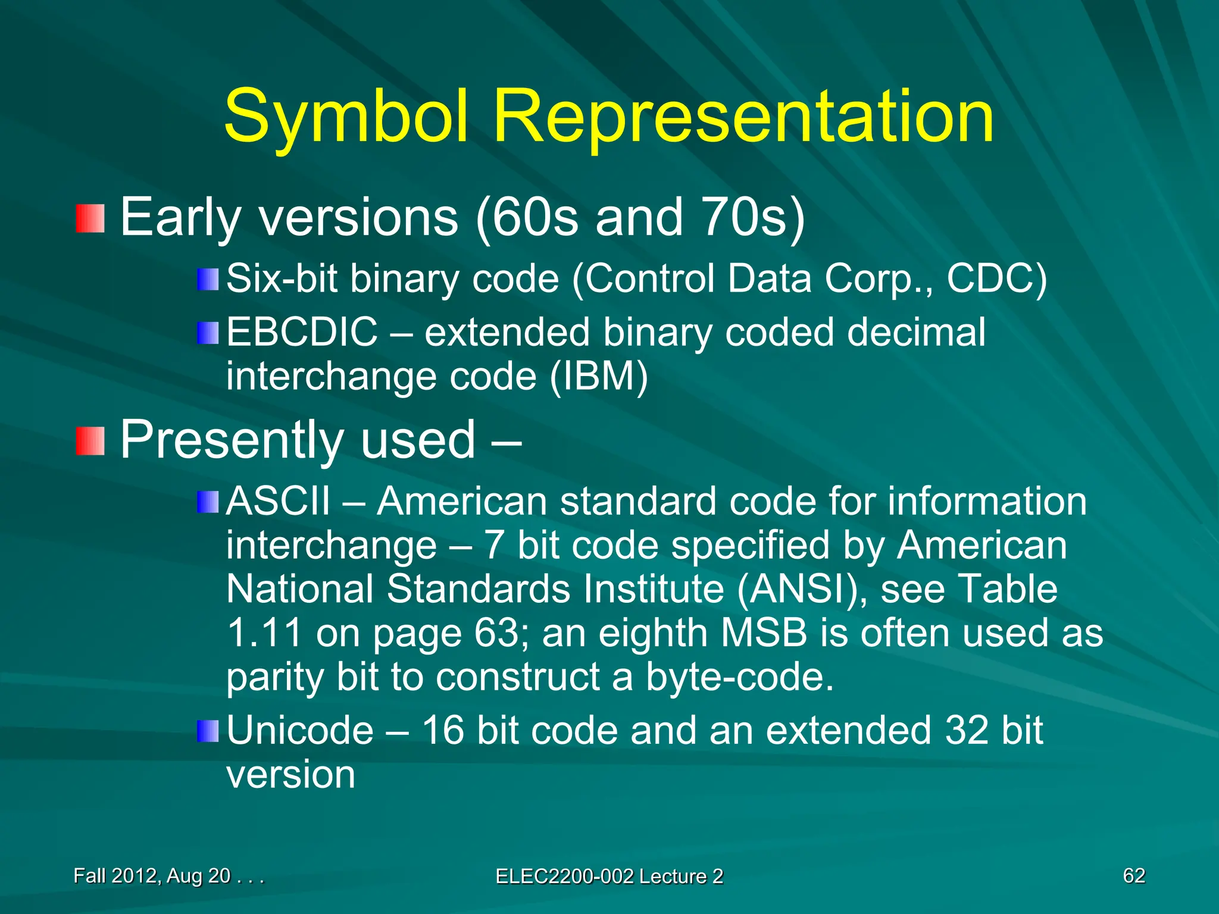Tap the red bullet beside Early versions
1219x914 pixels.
(x=90, y=218)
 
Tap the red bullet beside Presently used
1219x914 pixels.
(x=90, y=441)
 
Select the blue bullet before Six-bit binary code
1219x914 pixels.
(x=208, y=279)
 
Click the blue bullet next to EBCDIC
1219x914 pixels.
(x=208, y=333)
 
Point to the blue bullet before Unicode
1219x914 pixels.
(x=208, y=731)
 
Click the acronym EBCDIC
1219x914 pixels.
(x=302, y=332)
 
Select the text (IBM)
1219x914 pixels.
(x=598, y=377)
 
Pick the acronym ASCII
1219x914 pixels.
(x=278, y=501)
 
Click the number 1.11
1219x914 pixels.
(x=264, y=633)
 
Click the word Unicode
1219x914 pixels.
(x=300, y=731)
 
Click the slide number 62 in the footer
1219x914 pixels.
(x=1133, y=875)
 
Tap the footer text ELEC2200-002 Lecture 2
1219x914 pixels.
(x=609, y=876)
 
